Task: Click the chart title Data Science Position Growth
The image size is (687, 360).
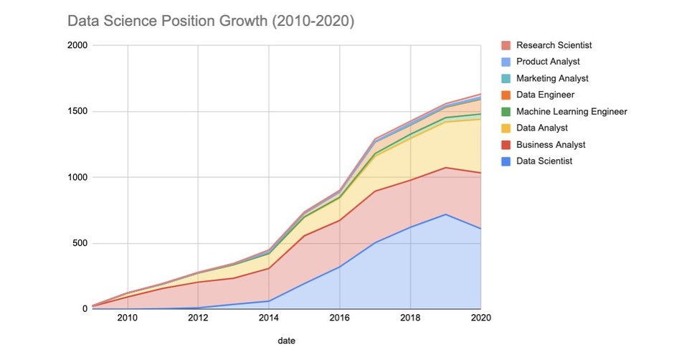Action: click(210, 22)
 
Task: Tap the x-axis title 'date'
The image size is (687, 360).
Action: click(286, 341)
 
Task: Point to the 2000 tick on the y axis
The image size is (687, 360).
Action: click(77, 45)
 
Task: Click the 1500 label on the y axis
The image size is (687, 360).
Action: click(77, 111)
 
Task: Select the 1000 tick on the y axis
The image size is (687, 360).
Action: click(77, 177)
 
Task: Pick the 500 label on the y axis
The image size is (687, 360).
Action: click(80, 243)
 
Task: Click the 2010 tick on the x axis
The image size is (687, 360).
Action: click(127, 318)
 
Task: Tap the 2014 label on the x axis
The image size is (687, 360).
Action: click(268, 318)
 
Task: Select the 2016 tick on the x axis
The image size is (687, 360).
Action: click(339, 318)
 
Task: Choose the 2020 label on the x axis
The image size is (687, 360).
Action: click(480, 318)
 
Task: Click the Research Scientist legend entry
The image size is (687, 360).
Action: click(554, 45)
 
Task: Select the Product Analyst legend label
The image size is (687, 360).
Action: click(548, 62)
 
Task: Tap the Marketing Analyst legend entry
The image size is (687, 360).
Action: click(552, 78)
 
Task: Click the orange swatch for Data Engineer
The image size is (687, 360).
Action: click(506, 95)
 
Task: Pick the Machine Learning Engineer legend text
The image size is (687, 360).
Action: click(572, 111)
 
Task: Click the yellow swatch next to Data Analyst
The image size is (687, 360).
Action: click(506, 128)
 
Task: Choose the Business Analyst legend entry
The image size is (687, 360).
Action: click(550, 144)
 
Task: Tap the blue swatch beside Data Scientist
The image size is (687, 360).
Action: click(506, 161)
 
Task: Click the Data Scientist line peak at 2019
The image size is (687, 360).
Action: click(445, 214)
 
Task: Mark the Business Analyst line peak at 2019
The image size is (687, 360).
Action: click(445, 168)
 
